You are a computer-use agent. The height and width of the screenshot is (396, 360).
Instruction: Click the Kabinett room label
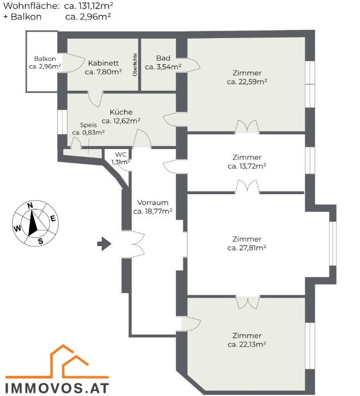click(103, 63)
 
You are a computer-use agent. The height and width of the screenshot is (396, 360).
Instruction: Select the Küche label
click(121, 112)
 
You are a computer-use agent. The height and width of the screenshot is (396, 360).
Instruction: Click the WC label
click(120, 154)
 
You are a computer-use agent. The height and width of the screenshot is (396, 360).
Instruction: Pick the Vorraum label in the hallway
click(152, 202)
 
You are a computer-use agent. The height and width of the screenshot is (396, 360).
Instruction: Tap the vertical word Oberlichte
click(135, 65)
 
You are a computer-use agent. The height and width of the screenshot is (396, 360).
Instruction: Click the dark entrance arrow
click(104, 244)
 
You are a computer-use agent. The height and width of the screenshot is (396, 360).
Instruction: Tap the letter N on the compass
click(30, 206)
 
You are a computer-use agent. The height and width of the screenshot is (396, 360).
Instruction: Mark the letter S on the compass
click(40, 242)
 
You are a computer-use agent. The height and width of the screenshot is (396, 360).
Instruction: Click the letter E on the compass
click(53, 219)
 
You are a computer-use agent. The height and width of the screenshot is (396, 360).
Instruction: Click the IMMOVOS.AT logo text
click(57, 388)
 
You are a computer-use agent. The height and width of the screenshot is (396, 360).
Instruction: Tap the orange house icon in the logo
click(57, 361)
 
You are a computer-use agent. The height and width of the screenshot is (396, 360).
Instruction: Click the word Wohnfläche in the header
click(31, 6)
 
